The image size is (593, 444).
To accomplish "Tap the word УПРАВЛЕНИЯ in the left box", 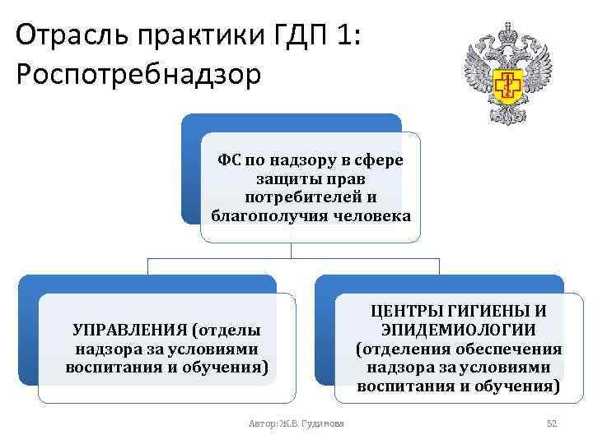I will (x=129, y=330).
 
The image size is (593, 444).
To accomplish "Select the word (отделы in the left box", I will (x=226, y=330).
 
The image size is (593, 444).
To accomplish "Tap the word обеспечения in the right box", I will (x=513, y=349).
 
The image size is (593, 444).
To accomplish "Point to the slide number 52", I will (x=553, y=423).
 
